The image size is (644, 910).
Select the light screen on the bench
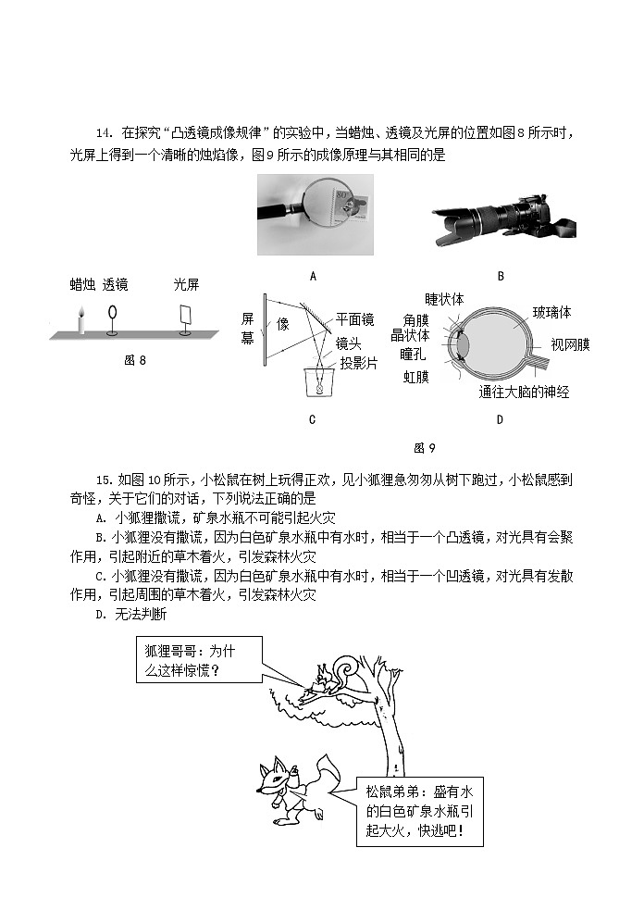tap(187, 314)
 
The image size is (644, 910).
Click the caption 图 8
tap(135, 361)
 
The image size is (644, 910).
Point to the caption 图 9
tap(424, 448)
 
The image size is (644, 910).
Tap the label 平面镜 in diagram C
tap(354, 319)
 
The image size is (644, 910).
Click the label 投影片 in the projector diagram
tap(358, 363)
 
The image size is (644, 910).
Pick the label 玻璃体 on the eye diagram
tap(552, 312)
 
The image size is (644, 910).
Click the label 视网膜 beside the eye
tap(571, 344)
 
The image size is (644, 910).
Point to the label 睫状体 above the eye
tap(444, 299)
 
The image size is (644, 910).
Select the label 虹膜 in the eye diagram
tap(415, 377)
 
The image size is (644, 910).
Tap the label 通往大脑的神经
tap(524, 392)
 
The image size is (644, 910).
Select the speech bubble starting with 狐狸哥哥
tap(197, 660)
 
